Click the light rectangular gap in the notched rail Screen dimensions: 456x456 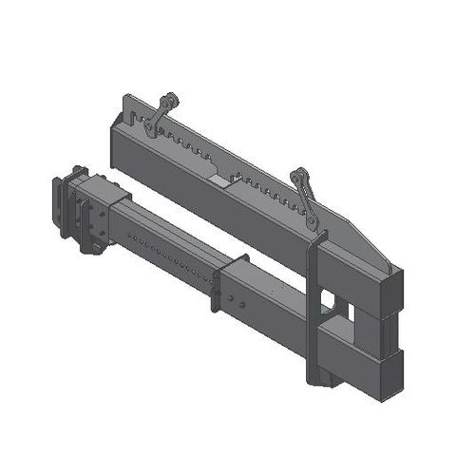219,180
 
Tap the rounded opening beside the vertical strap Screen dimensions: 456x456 329,301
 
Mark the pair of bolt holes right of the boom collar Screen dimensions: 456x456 237,304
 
